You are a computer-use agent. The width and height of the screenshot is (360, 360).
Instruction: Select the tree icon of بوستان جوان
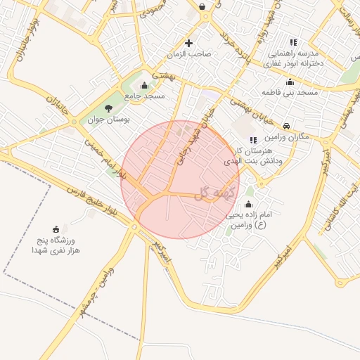(108, 108)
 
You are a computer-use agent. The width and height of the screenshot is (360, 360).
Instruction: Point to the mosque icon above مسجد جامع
(144, 86)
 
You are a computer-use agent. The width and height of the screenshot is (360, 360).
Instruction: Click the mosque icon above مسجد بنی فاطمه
(290, 82)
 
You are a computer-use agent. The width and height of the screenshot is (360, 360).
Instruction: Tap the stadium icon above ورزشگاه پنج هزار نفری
(56, 229)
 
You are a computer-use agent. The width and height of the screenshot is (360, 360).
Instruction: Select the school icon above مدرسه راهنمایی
(293, 42)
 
